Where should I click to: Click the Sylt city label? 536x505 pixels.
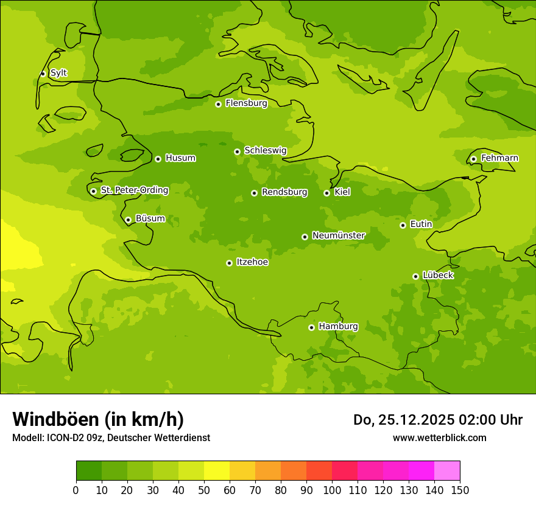point(58,73)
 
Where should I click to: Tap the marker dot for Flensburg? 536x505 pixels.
point(218,104)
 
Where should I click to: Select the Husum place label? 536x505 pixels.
point(180,158)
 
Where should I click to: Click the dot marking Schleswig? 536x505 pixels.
point(237,151)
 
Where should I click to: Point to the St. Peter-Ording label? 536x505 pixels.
point(135,190)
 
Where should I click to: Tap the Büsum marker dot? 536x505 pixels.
point(128,220)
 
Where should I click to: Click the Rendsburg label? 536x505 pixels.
point(284,192)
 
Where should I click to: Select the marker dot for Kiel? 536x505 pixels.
point(326,193)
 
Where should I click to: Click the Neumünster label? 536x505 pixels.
point(339,235)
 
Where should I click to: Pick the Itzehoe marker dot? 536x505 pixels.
point(229,263)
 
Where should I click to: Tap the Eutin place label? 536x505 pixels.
point(421,225)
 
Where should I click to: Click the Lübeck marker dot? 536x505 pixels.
point(415,276)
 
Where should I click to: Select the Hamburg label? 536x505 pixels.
point(338,327)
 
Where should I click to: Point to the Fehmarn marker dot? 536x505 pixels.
point(473,159)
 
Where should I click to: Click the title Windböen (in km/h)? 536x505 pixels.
point(98,419)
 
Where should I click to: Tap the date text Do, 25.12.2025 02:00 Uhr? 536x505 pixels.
point(438,420)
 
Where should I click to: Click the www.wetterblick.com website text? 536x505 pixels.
point(439,438)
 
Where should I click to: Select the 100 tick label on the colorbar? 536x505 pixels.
point(332,490)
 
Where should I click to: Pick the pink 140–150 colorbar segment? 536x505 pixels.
point(447,471)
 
